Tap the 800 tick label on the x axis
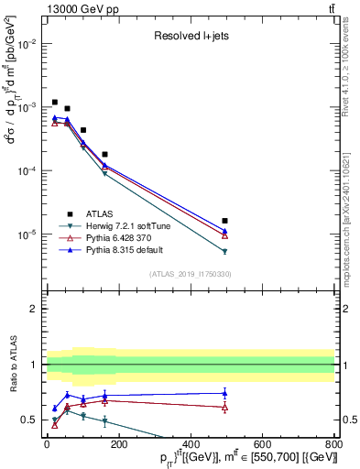[333, 444]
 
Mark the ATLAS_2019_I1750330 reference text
[190, 274]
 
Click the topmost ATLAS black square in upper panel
[55, 102]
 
